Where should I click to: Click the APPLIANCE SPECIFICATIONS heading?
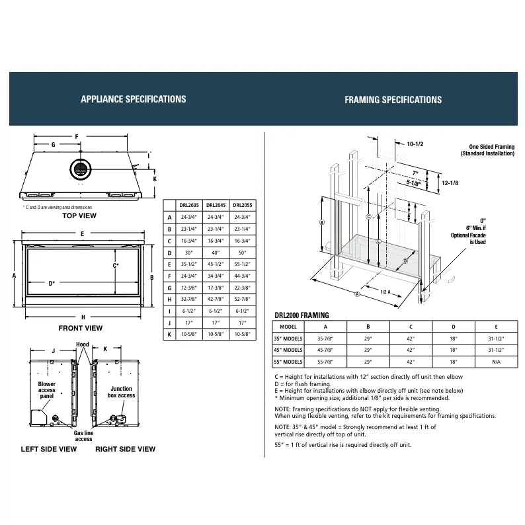pos(133,99)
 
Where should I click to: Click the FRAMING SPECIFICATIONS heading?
pos(393,100)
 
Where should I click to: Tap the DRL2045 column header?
pos(214,205)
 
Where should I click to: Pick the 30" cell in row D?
pos(189,253)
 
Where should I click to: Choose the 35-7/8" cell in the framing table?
pos(325,338)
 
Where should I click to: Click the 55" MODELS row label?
pos(288,362)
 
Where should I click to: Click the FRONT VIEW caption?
pos(80,328)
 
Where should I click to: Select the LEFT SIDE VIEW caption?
pos(49,449)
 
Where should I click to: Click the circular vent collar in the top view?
pos(80,169)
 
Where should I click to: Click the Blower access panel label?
pos(47,389)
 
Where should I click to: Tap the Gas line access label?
pos(83,435)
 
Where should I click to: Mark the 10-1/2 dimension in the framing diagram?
pos(415,143)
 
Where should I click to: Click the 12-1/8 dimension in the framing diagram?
pos(451,182)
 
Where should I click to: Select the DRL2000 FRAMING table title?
pos(302,315)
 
